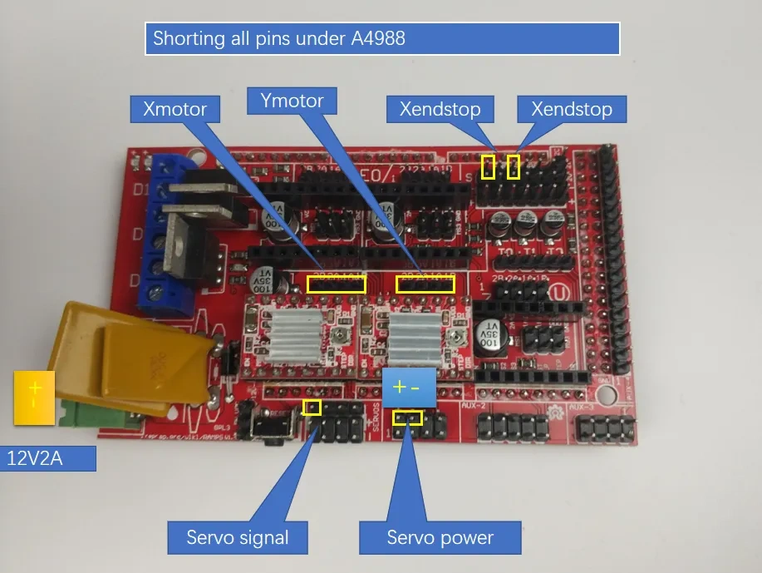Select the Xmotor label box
[x=174, y=109]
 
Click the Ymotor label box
[x=292, y=101]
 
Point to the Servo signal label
[x=237, y=537]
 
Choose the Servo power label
[x=440, y=537]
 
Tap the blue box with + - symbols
[x=412, y=388]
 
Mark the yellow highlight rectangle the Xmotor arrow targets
[x=336, y=284]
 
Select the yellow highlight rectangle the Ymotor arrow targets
[x=425, y=284]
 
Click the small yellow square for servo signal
[x=312, y=407]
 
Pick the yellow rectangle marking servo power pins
[x=407, y=417]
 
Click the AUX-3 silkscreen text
[x=578, y=407]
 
